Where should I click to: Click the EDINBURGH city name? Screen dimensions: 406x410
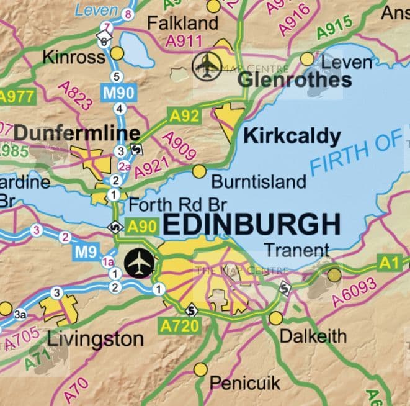(252, 225)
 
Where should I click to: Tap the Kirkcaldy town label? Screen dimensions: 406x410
(292, 137)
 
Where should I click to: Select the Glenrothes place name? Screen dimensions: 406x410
(295, 79)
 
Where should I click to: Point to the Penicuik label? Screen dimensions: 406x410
(244, 382)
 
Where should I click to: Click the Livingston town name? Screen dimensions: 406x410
(96, 339)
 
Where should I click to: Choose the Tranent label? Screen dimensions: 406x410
(296, 250)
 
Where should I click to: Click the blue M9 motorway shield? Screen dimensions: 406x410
(87, 252)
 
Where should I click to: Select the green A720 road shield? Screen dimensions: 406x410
(177, 324)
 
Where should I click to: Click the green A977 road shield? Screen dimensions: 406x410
(16, 96)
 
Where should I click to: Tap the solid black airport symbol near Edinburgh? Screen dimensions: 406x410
(140, 263)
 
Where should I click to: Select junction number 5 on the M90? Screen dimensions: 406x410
(115, 77)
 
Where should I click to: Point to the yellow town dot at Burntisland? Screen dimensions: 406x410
(199, 171)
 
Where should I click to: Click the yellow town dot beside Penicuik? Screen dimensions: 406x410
(200, 370)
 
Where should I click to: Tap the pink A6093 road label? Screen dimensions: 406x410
(354, 292)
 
